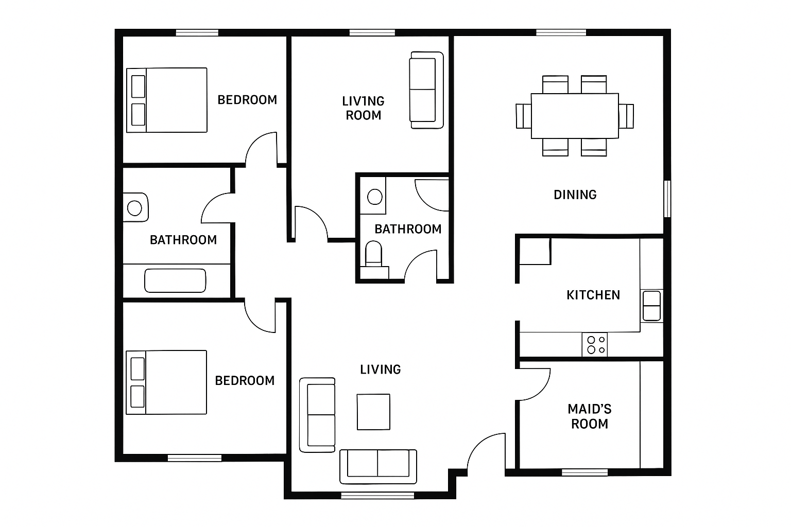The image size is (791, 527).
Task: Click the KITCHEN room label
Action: (593, 295)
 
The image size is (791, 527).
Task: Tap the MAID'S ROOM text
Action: (590, 416)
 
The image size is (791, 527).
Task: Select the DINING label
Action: (575, 195)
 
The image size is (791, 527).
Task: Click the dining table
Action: (575, 116)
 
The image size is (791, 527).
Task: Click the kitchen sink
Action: (651, 306)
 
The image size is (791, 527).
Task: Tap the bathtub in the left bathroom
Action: (175, 281)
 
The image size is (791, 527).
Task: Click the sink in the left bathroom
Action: (135, 207)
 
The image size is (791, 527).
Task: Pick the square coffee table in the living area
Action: (373, 412)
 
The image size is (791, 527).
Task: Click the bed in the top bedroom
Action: (167, 100)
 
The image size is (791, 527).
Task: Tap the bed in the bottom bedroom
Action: (166, 382)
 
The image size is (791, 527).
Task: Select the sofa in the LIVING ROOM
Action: (426, 90)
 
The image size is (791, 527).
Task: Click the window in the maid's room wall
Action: (585, 472)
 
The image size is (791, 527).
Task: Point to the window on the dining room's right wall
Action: (667, 199)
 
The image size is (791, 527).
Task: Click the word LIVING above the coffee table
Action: (381, 370)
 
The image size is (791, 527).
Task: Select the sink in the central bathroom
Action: (375, 197)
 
